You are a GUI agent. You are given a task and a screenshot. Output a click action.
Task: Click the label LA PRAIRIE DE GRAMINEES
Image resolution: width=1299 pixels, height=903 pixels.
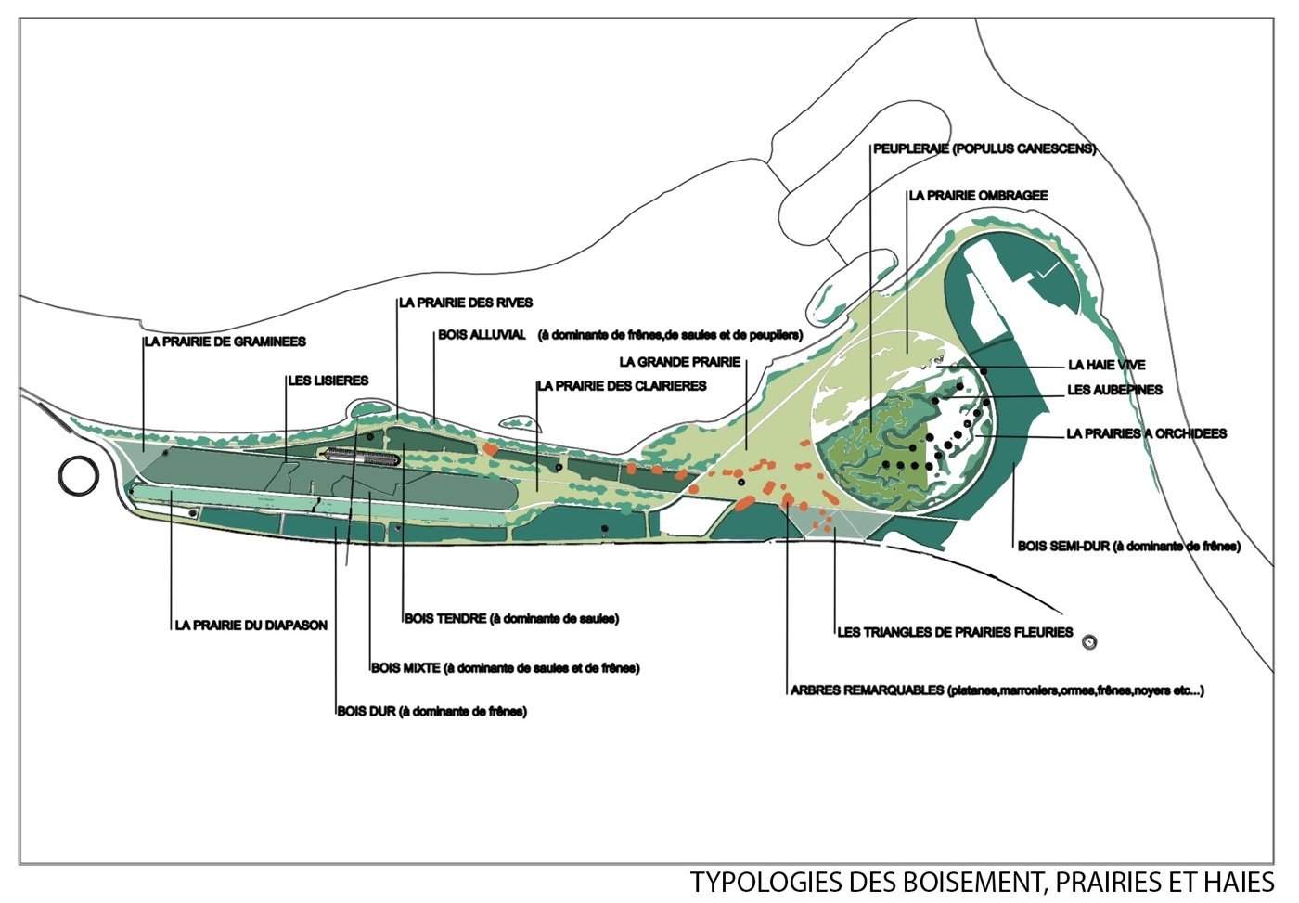[x=225, y=342]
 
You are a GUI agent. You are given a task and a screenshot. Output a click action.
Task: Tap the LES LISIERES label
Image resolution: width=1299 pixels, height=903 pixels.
[x=328, y=381]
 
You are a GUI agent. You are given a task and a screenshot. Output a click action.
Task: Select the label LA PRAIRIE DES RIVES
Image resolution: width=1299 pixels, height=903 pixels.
[x=466, y=303]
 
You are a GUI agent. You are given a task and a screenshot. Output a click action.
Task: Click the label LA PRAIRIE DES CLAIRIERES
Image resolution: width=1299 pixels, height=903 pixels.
[x=622, y=385]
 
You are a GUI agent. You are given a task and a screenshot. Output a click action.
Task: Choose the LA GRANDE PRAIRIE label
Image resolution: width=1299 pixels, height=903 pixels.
[x=679, y=362]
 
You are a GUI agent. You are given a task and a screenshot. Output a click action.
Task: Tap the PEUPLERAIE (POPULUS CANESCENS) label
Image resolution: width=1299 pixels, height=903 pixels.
[x=984, y=148]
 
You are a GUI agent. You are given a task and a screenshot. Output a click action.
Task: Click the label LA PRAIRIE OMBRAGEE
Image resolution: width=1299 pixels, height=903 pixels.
[x=978, y=196]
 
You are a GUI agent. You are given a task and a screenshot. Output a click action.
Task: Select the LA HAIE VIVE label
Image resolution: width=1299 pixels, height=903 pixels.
[x=1106, y=366]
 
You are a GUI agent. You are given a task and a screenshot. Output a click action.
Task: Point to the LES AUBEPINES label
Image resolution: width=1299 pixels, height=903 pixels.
[x=1114, y=391]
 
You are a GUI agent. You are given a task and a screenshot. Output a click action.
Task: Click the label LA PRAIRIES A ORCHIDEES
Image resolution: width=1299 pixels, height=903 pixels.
[x=1147, y=433]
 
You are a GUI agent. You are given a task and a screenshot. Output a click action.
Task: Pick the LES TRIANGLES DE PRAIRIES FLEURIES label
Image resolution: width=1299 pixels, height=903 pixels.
[x=955, y=633]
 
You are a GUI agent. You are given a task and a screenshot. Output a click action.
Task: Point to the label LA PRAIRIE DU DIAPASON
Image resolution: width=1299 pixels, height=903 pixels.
[x=251, y=626]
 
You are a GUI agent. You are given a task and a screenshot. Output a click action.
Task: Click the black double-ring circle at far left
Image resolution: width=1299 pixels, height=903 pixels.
[x=78, y=474]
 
